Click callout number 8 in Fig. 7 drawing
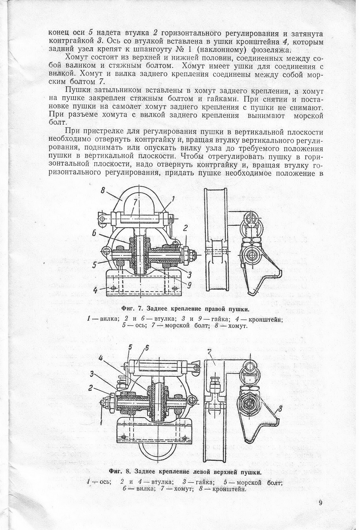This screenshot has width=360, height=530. pyautogui.click(x=103, y=191)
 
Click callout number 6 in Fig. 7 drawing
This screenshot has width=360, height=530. pyautogui.click(x=94, y=234)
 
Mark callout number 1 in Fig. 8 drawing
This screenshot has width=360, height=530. pyautogui.click(x=101, y=422)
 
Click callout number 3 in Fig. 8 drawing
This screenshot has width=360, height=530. pyautogui.click(x=93, y=374)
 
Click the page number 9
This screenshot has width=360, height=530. pyautogui.click(x=320, y=503)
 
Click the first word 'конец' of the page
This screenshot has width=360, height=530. pyautogui.click(x=57, y=34)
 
